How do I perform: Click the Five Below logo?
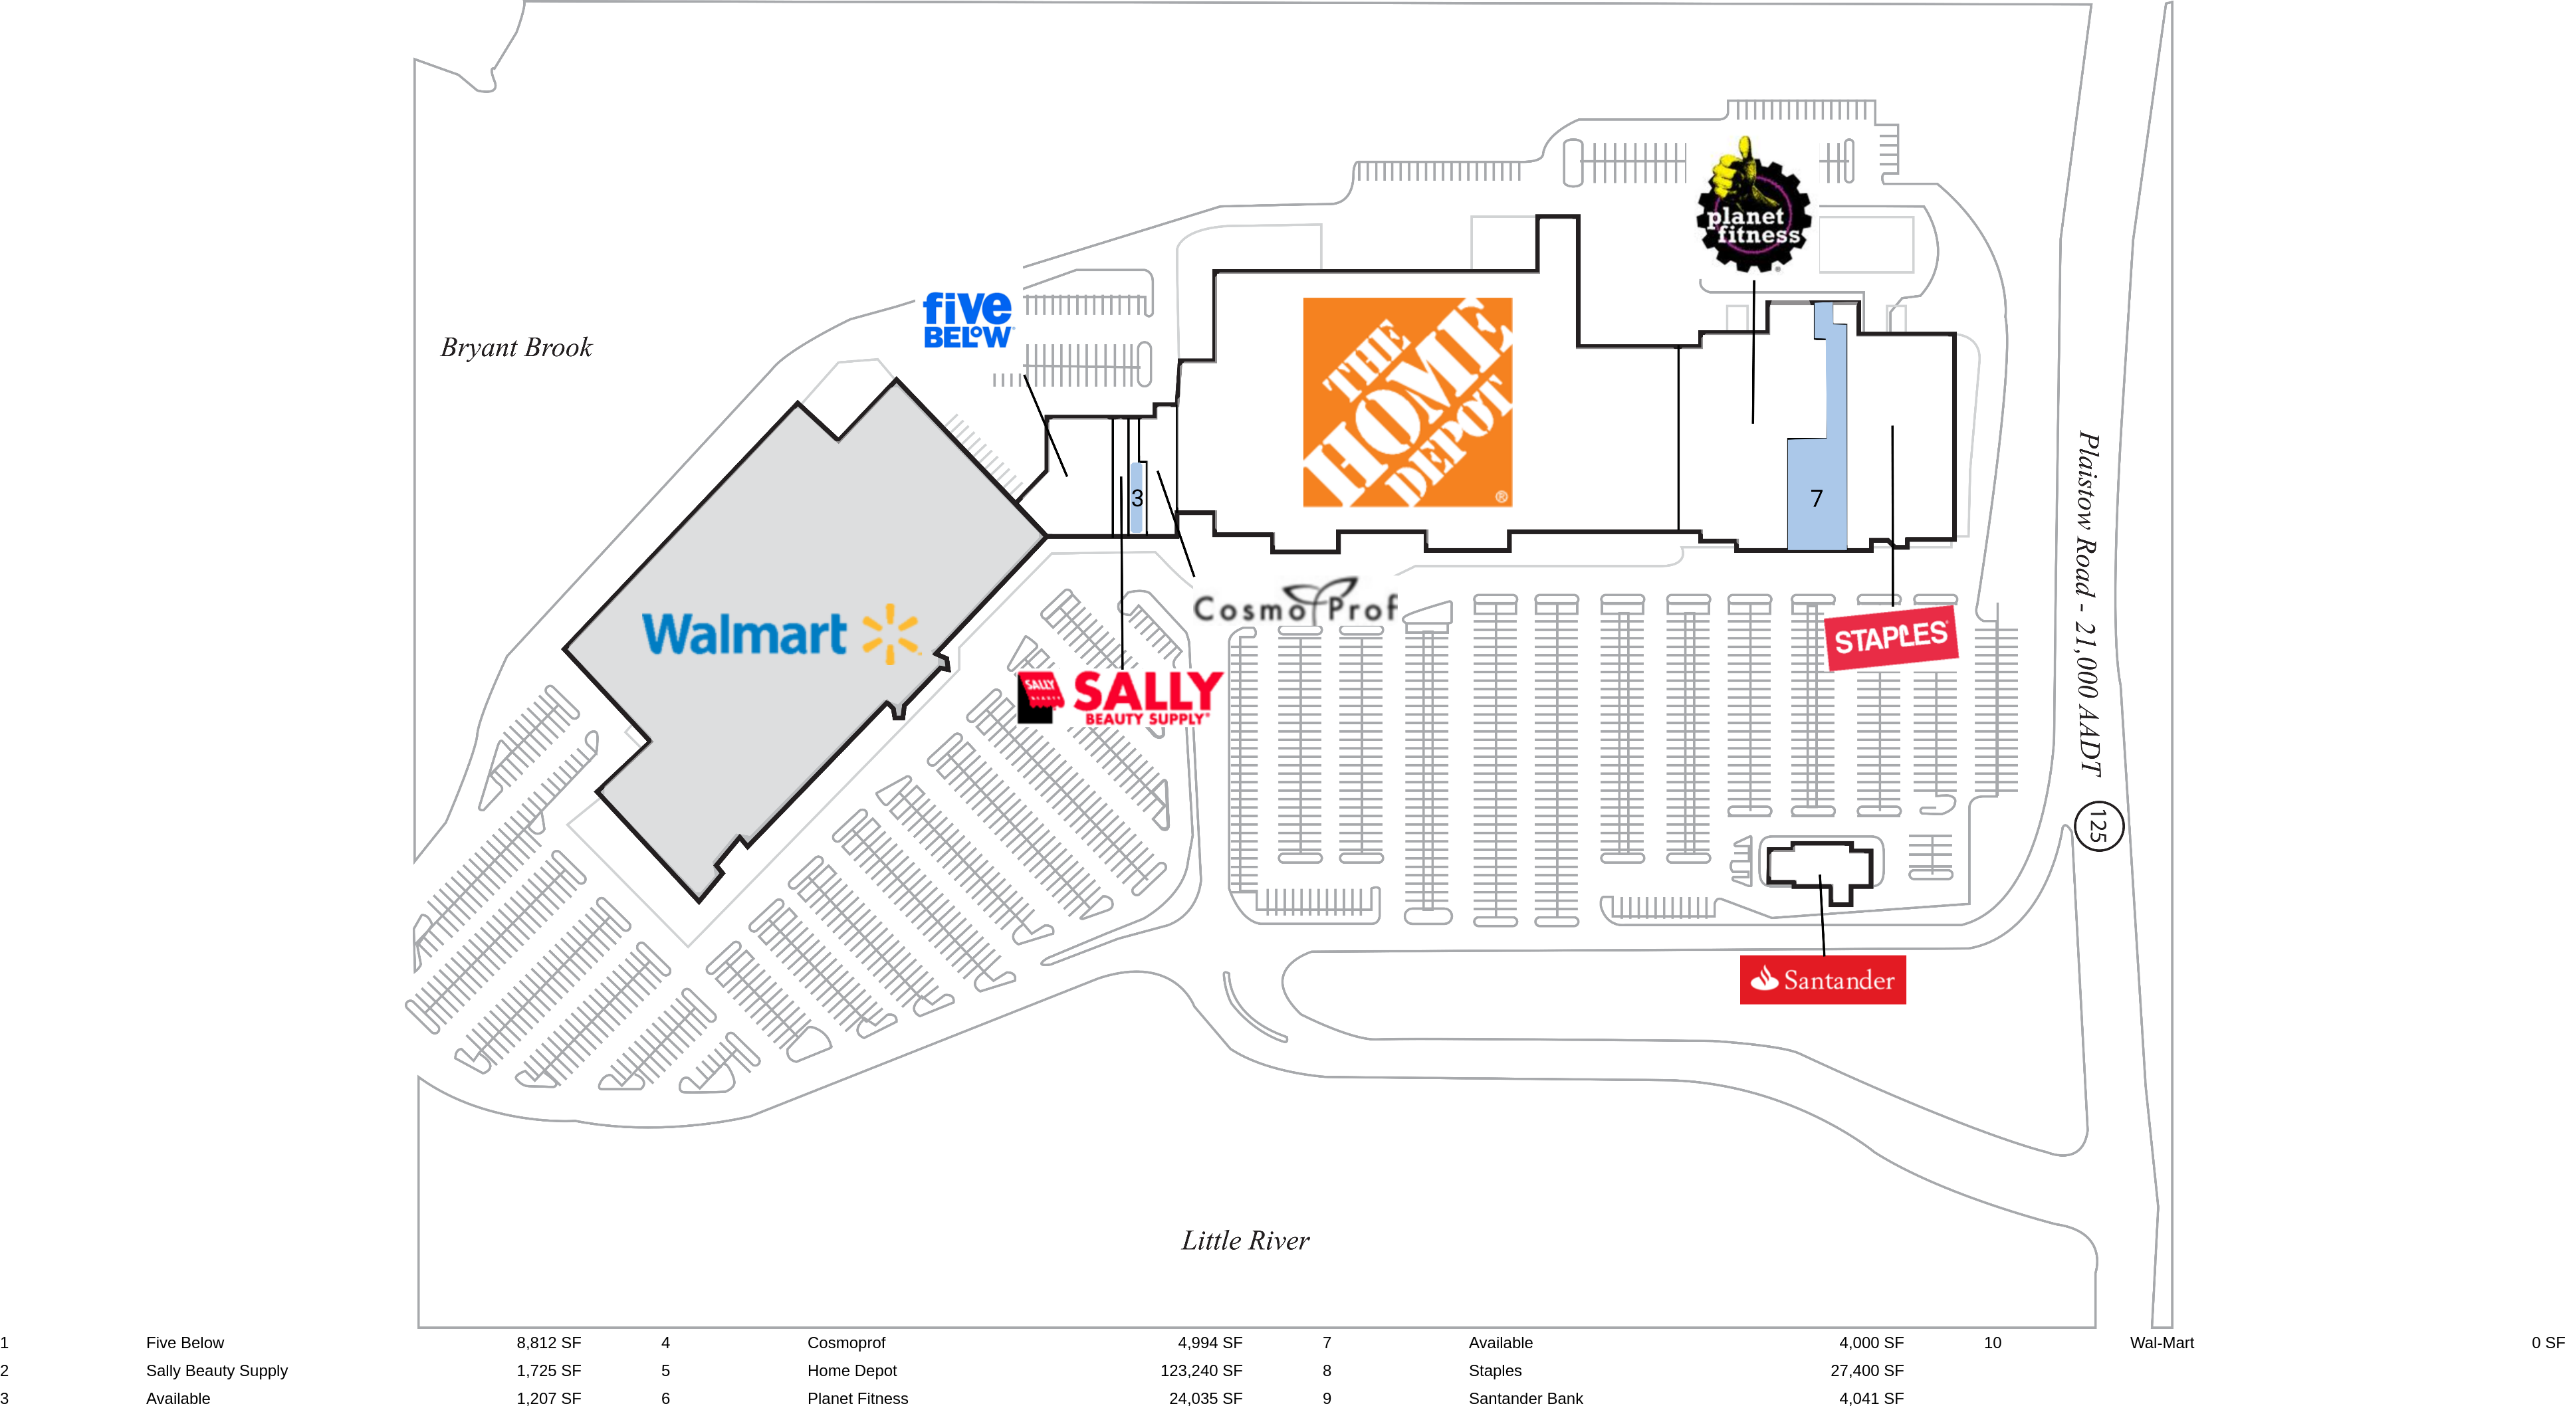[967, 320]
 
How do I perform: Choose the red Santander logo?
[1822, 980]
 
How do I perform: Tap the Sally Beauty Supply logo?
[1120, 697]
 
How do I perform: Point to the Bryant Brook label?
[516, 348]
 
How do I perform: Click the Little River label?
[1245, 1241]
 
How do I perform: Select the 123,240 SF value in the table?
[1201, 1370]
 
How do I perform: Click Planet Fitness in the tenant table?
[857, 1398]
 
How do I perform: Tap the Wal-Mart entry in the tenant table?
[2161, 1342]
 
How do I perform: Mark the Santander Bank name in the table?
[1525, 1398]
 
